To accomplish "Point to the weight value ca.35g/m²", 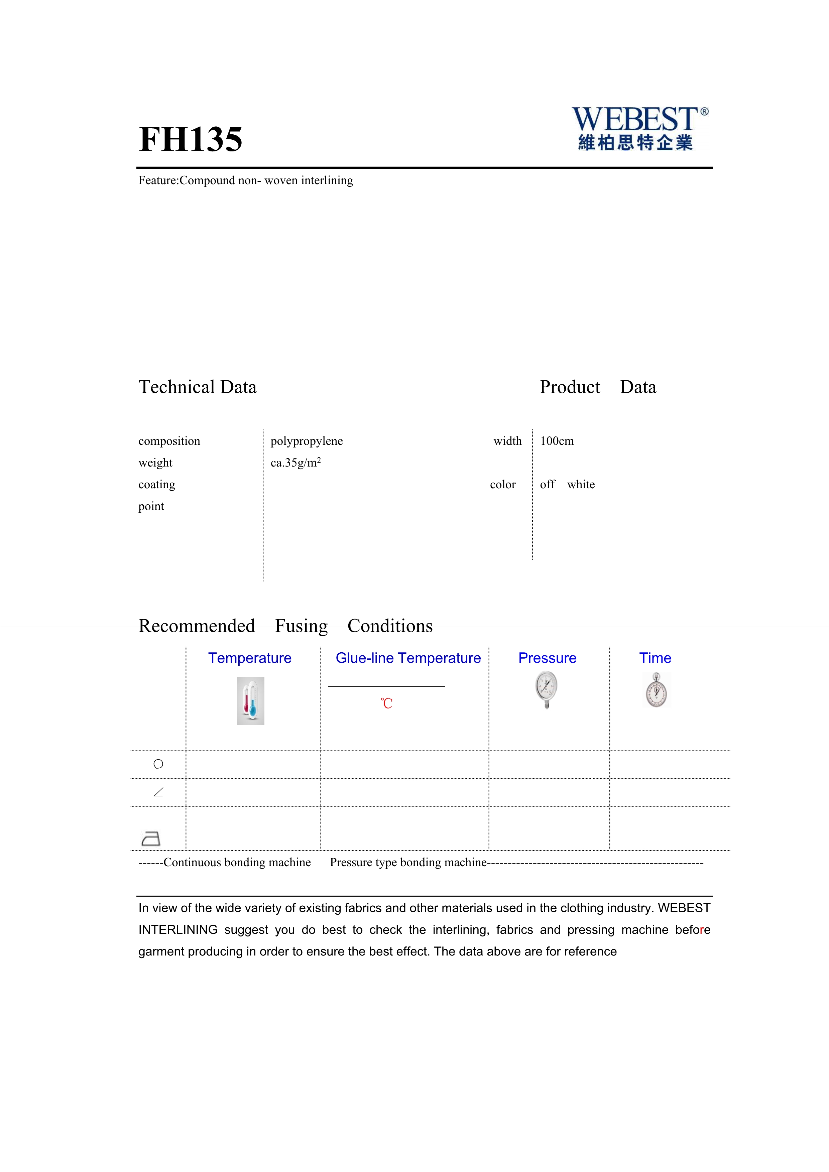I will [x=295, y=463].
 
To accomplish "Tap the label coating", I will [x=157, y=485].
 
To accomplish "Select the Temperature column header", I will [x=250, y=658].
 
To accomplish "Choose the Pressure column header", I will [x=547, y=658].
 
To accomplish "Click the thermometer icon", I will [x=251, y=701].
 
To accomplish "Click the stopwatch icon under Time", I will [x=657, y=690].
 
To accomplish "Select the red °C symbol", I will [x=386, y=703].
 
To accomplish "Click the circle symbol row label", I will [x=158, y=764].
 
